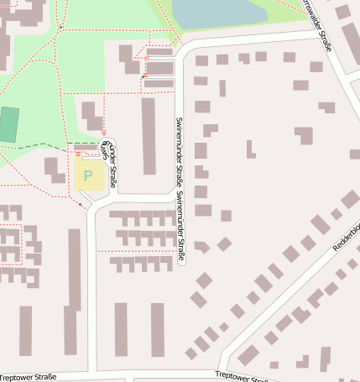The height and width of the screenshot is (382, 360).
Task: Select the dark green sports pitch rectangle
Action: tap(8, 124)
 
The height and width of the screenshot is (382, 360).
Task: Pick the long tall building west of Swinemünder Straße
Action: tap(149, 136)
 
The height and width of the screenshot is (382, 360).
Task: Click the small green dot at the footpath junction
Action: tap(60, 27)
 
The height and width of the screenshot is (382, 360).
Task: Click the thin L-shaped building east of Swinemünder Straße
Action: tap(250, 150)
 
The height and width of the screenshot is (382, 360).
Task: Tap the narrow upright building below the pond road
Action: tap(222, 88)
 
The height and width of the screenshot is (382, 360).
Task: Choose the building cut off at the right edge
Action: tap(354, 154)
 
